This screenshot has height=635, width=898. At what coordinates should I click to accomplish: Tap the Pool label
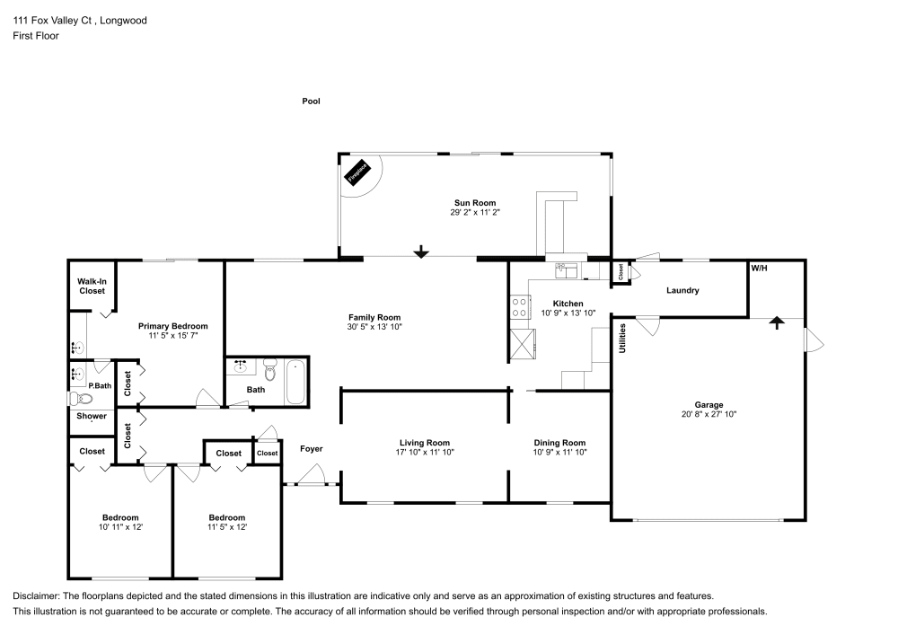coord(311,101)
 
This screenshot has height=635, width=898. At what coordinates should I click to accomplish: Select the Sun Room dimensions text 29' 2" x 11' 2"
coord(474,213)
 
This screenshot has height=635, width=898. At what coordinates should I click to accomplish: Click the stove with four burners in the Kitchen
coord(519,307)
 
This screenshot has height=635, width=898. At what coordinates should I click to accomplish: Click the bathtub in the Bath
coord(296,382)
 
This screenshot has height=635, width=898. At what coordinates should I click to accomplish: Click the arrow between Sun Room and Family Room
coord(420,252)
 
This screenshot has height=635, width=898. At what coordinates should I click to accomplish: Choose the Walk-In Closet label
coord(92,286)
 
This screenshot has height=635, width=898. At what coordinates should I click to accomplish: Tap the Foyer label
coord(311,449)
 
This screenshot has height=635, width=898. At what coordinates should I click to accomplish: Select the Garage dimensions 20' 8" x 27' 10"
coord(709,414)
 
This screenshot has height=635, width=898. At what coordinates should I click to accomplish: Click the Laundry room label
coord(682,290)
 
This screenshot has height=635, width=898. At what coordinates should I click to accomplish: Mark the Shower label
coord(92,416)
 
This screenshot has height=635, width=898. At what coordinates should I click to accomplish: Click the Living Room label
coord(424,442)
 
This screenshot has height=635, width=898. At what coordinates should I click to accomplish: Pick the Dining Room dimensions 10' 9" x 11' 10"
coord(559,453)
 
